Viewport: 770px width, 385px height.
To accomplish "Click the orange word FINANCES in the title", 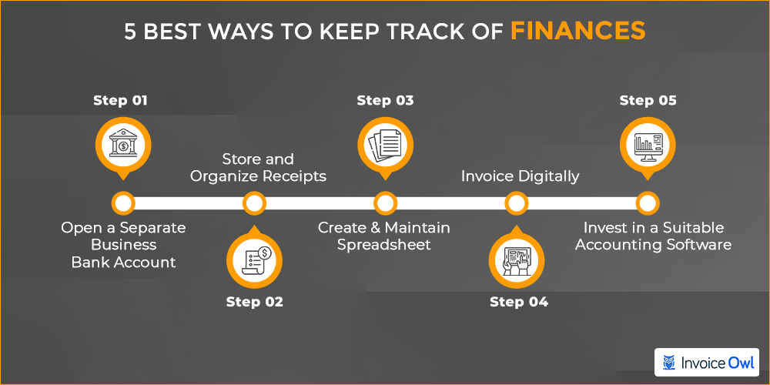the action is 578,32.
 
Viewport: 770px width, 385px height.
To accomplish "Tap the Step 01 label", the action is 120,101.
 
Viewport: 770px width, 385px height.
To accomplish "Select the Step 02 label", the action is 254,302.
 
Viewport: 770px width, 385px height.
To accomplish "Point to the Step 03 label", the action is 385,101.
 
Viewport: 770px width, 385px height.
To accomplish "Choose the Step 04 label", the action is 518,302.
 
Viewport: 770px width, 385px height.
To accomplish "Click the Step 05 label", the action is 648,101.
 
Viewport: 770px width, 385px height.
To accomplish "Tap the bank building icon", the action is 123,143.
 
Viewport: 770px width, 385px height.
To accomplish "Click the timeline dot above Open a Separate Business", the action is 123,203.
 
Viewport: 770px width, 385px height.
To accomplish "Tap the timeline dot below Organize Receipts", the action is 254,203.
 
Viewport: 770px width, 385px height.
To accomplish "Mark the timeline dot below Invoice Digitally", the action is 517,203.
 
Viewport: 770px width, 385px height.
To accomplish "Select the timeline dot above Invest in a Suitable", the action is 648,203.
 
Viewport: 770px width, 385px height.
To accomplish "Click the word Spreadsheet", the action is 384,245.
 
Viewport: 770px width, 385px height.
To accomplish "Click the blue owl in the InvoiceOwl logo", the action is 669,363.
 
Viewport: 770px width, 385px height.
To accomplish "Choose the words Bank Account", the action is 124,262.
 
